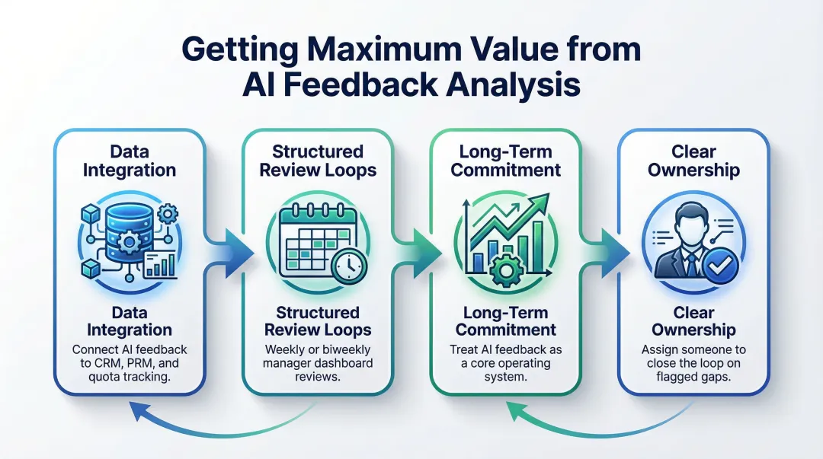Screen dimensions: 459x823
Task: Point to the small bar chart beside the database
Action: pos(161,263)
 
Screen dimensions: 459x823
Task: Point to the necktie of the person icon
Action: pos(691,263)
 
